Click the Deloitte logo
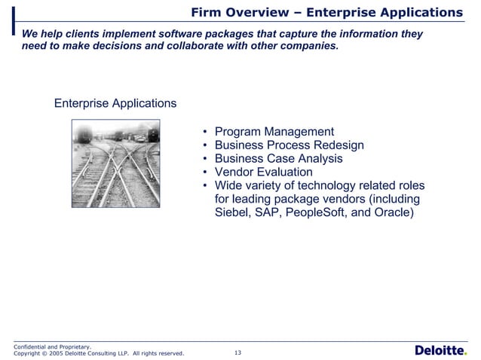[x=440, y=350]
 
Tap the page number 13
[x=238, y=352]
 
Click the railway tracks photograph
[x=115, y=164]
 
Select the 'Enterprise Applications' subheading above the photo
[x=115, y=103]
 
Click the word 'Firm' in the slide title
[x=207, y=13]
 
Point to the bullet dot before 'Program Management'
[x=206, y=133]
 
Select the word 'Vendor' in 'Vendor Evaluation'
[x=234, y=172]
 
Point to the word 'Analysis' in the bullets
[x=319, y=159]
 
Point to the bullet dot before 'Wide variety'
[x=206, y=186]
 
